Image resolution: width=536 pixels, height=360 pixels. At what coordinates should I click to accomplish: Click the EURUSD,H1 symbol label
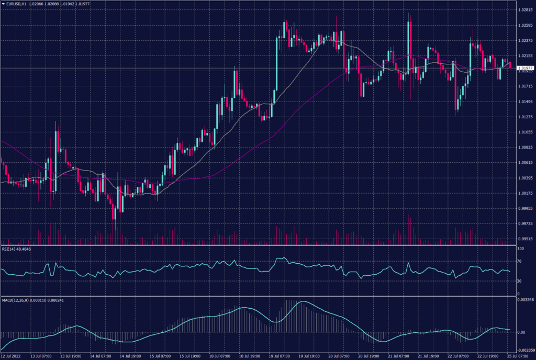(x=19, y=4)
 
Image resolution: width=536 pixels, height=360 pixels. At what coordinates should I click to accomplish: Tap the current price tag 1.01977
(x=524, y=68)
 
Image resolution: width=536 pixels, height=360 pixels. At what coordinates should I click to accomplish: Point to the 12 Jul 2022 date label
(x=12, y=355)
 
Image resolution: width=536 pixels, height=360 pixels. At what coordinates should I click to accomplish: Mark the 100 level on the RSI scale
(x=520, y=249)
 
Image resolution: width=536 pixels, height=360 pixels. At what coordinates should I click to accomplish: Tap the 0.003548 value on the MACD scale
(x=524, y=300)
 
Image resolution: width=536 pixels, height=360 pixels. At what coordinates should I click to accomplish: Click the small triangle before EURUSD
(x=3, y=4)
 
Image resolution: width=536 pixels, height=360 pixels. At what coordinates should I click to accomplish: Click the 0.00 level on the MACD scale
(x=521, y=332)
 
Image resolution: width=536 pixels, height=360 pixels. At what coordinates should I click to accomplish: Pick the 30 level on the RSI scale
(x=519, y=279)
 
